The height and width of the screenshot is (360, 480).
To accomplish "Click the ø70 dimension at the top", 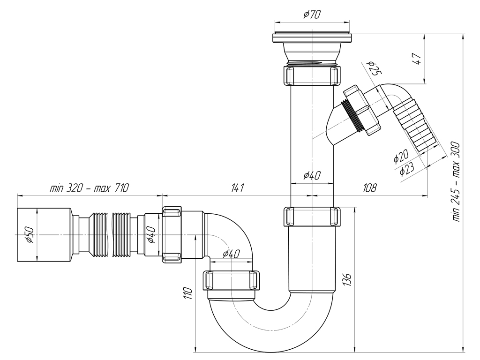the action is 312,15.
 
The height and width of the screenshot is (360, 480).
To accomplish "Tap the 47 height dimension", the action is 418,58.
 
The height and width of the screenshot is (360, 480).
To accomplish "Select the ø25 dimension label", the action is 375,68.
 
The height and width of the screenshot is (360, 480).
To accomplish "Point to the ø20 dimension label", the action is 401,156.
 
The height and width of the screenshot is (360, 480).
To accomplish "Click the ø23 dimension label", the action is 407,169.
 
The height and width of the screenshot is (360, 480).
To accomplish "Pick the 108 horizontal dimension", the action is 370,187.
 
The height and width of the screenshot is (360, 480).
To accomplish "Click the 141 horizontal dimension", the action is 238,187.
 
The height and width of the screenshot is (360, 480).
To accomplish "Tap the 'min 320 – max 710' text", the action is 90,187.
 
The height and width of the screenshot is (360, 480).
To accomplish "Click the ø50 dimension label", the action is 30,235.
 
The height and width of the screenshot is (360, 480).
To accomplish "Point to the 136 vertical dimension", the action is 347,279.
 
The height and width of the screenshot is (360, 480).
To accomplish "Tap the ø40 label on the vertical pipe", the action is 312,175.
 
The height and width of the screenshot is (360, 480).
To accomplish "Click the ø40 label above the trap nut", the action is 232,254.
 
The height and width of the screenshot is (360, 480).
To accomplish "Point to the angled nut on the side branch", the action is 363,110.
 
